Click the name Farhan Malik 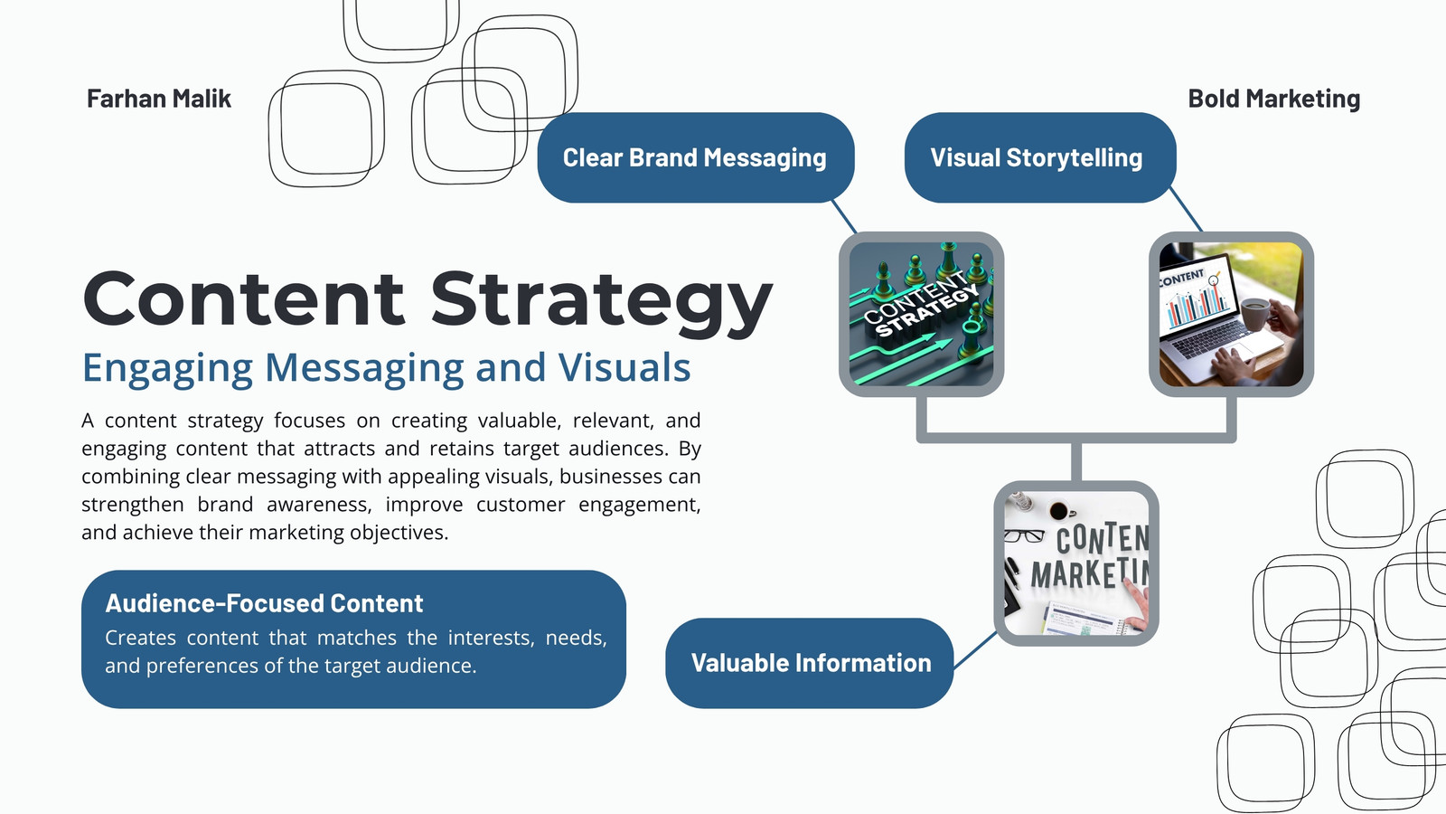click(x=159, y=99)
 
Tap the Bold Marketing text click(x=1273, y=99)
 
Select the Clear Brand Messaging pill click(x=695, y=157)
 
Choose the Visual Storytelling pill click(x=1040, y=157)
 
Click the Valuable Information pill click(x=810, y=663)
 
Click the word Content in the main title click(x=243, y=298)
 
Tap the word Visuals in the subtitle click(x=624, y=367)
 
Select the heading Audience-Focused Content click(x=264, y=603)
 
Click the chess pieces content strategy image click(x=921, y=314)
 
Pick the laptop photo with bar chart click(x=1231, y=314)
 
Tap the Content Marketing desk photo click(x=1076, y=563)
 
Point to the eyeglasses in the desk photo click(x=1024, y=535)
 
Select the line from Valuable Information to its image click(x=975, y=649)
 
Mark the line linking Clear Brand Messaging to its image click(x=844, y=216)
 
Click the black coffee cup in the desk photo click(x=1058, y=511)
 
